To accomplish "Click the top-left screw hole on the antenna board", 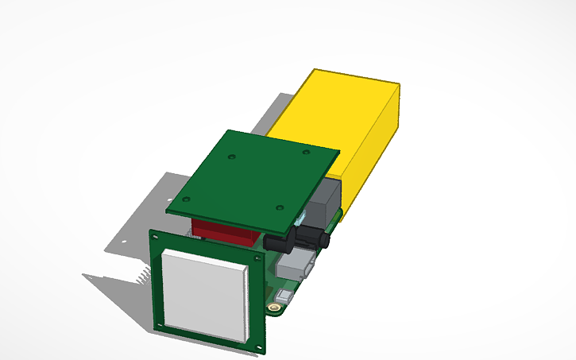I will (160, 239).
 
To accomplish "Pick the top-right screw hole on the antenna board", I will (258, 260).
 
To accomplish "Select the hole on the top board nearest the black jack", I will (279, 207).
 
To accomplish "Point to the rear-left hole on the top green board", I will (232, 156).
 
